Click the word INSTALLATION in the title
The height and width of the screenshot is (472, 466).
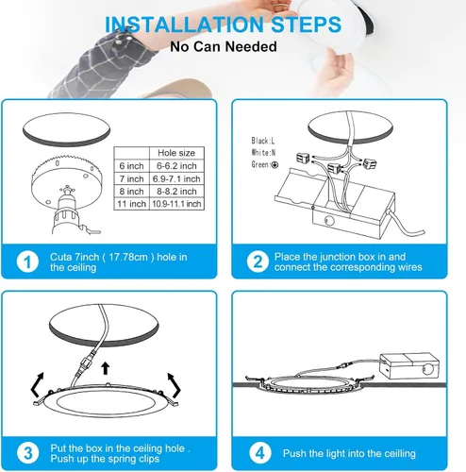point(184,25)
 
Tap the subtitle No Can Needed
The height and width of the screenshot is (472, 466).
point(224,46)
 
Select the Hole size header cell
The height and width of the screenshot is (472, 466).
point(176,153)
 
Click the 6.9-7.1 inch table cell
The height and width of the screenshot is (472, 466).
point(176,178)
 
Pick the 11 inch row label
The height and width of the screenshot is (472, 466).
point(131,204)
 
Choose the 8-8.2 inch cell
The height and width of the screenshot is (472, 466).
point(176,192)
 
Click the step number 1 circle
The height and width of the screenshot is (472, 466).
point(27,261)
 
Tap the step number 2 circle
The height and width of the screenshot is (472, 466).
point(258,261)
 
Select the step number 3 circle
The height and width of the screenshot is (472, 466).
point(28,453)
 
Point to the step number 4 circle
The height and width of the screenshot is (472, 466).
point(260,453)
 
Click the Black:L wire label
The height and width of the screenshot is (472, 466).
point(263,141)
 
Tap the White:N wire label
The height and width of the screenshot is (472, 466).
point(263,153)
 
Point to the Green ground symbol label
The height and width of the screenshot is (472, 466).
point(265,164)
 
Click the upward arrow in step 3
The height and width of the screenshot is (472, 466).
point(106,368)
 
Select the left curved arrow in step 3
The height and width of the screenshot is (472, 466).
point(37,384)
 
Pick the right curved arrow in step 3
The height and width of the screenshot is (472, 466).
point(175,385)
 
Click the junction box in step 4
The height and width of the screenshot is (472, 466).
point(409,365)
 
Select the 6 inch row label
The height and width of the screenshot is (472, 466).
point(131,166)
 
